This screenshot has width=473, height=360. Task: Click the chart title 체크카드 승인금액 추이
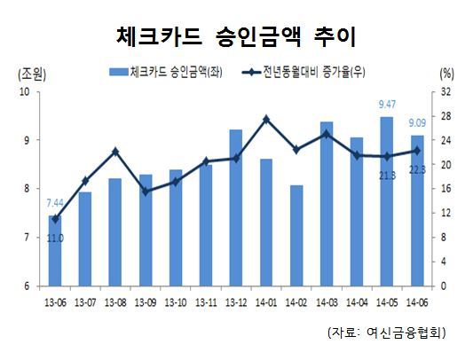(x=236, y=38)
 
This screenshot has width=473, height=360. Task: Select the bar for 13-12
(x=236, y=207)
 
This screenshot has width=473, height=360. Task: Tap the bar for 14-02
(x=296, y=236)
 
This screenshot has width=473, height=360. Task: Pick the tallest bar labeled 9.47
(x=387, y=201)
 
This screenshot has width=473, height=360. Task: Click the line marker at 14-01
(x=266, y=120)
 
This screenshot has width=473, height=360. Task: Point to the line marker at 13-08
(x=115, y=152)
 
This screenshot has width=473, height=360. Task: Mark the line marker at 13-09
(x=146, y=192)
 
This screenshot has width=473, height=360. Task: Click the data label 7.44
(x=55, y=203)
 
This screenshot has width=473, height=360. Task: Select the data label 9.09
(x=417, y=123)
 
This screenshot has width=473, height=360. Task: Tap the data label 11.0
(x=55, y=239)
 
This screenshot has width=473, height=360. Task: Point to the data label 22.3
(x=417, y=170)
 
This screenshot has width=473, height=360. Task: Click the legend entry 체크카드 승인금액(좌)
(x=166, y=72)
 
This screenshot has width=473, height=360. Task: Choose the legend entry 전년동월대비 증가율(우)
(x=304, y=72)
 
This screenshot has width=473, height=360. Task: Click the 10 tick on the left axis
(x=26, y=91)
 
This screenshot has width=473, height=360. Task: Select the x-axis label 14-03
(x=327, y=302)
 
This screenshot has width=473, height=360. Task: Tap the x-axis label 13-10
(x=176, y=302)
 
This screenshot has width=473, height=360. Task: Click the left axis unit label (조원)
(x=32, y=74)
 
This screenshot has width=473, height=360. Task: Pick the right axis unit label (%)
(x=446, y=74)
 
